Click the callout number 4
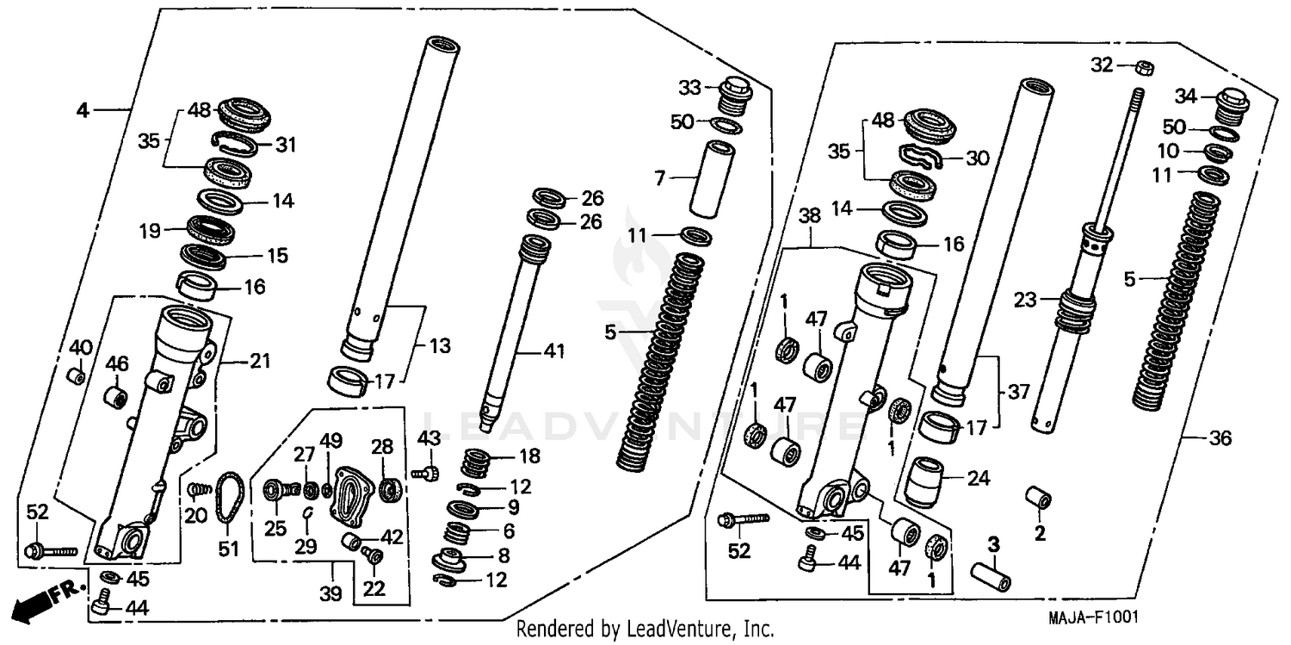point(82,110)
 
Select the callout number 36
point(1220,439)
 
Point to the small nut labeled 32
point(1146,65)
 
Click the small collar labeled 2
point(1039,500)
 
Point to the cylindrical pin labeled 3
point(990,574)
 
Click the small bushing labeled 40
point(77,377)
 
